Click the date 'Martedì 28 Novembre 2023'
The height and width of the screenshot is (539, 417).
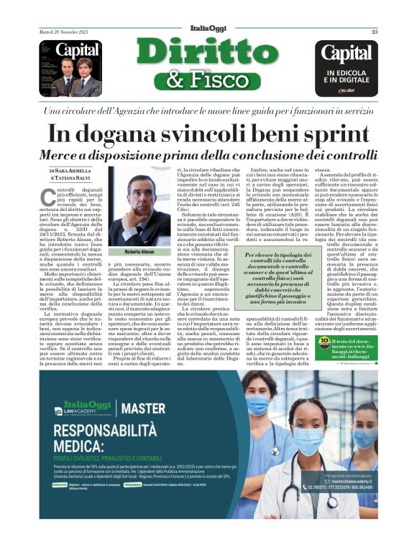(65, 32)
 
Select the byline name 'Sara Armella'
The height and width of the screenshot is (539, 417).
(71, 171)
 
